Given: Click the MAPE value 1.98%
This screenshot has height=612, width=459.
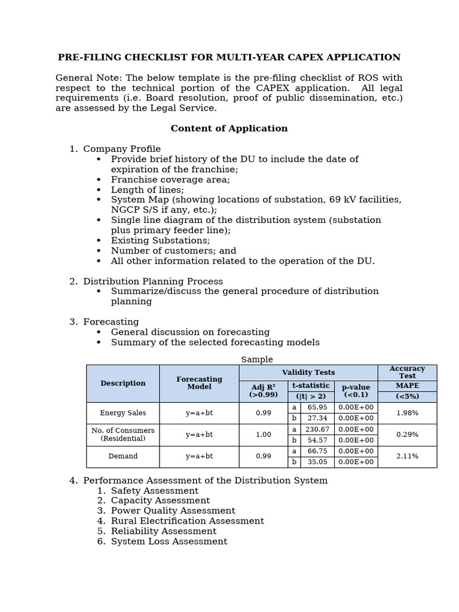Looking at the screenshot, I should [407, 413].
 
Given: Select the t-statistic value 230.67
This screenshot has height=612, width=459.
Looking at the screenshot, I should [317, 429].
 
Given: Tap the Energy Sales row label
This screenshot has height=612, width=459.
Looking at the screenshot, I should [123, 413].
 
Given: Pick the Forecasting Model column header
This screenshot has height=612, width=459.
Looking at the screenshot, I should [199, 383].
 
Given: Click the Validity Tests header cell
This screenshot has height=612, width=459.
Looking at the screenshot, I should [308, 372].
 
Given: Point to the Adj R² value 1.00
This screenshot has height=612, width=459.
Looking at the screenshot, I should [264, 434].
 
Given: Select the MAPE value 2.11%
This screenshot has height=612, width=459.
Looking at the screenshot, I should [407, 456].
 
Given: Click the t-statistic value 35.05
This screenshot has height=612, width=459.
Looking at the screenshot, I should [317, 462].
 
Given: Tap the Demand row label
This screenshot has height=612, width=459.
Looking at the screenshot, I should [123, 456].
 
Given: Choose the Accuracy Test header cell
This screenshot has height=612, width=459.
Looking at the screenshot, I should [407, 372].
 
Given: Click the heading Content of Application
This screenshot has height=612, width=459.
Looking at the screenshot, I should [229, 128].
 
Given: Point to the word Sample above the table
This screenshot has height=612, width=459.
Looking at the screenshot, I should [257, 359].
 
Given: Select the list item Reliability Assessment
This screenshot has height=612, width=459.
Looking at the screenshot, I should [163, 531].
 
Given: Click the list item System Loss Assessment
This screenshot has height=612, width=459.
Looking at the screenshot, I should [169, 541].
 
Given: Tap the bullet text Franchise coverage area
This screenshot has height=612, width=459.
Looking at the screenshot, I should [170, 179].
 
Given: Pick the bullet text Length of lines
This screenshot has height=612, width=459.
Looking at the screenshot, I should [147, 189].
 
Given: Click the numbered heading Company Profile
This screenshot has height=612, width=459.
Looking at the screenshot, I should [121, 149].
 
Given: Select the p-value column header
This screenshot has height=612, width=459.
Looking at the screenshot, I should [356, 391].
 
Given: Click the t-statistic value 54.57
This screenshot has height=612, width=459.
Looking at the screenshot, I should [317, 440].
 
